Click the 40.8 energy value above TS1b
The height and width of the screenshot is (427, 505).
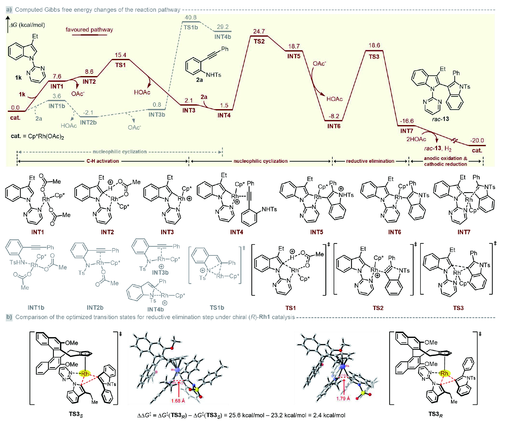[x=191, y=17]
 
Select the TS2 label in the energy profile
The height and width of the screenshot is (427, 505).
[x=259, y=41]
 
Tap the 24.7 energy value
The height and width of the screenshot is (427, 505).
[x=259, y=31]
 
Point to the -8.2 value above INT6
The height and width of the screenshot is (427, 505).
[x=334, y=116]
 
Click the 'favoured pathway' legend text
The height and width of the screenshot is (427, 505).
[x=89, y=29]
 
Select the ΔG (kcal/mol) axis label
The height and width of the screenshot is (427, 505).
[x=27, y=25]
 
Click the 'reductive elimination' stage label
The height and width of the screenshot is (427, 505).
[x=370, y=161]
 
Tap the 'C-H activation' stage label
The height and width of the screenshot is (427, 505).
[x=103, y=161]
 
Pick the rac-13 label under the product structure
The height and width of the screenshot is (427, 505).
[x=440, y=119]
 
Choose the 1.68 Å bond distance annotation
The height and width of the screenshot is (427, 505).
[x=178, y=401]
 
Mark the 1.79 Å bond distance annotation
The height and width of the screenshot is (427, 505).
[x=343, y=398]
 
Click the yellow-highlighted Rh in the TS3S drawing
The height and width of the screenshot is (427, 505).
[x=85, y=374]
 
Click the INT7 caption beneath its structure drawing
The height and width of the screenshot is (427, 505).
[x=463, y=232]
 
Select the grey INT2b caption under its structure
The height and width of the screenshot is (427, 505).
[x=95, y=308]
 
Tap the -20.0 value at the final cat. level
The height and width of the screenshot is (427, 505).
[x=477, y=140]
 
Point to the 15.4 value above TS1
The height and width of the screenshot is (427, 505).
[x=120, y=55]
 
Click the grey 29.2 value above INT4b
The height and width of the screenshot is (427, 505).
[x=223, y=27]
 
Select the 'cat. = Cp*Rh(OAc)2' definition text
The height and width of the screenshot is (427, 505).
[x=37, y=136]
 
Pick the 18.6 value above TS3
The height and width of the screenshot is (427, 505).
[x=374, y=45]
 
